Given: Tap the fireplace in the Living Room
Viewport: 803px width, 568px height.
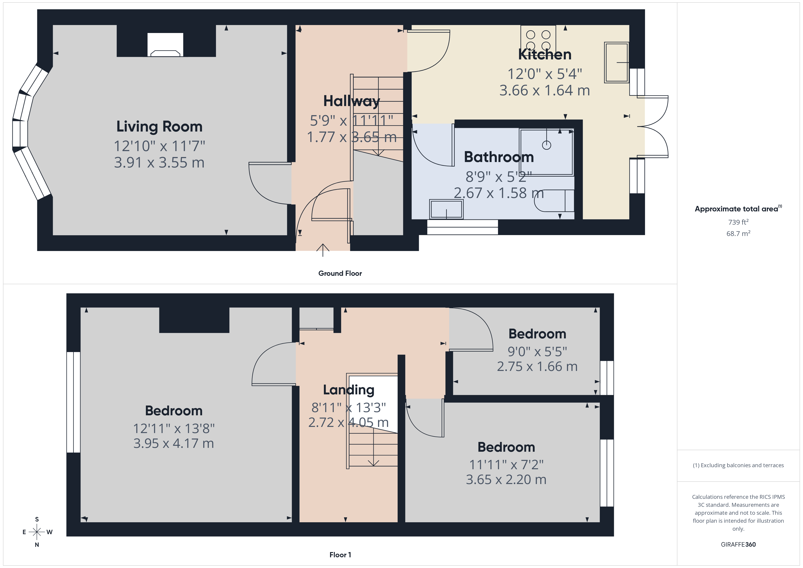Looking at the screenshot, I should coord(165,45).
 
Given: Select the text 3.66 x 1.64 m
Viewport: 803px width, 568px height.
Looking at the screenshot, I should coord(544,91).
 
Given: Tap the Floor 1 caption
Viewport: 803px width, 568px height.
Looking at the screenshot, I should coord(340,555).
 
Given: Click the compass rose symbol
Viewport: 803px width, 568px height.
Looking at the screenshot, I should coord(37,532).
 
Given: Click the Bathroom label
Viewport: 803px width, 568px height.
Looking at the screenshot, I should coord(499,157).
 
